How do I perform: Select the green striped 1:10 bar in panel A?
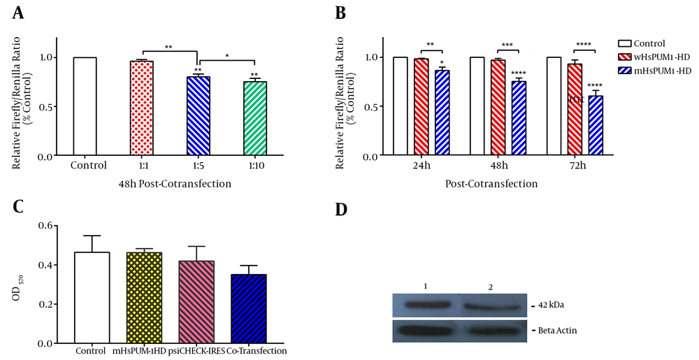(254, 119)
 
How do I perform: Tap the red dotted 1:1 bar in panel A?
(142, 108)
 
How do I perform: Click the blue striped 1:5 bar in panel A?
(199, 116)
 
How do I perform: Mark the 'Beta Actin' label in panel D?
(556, 329)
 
